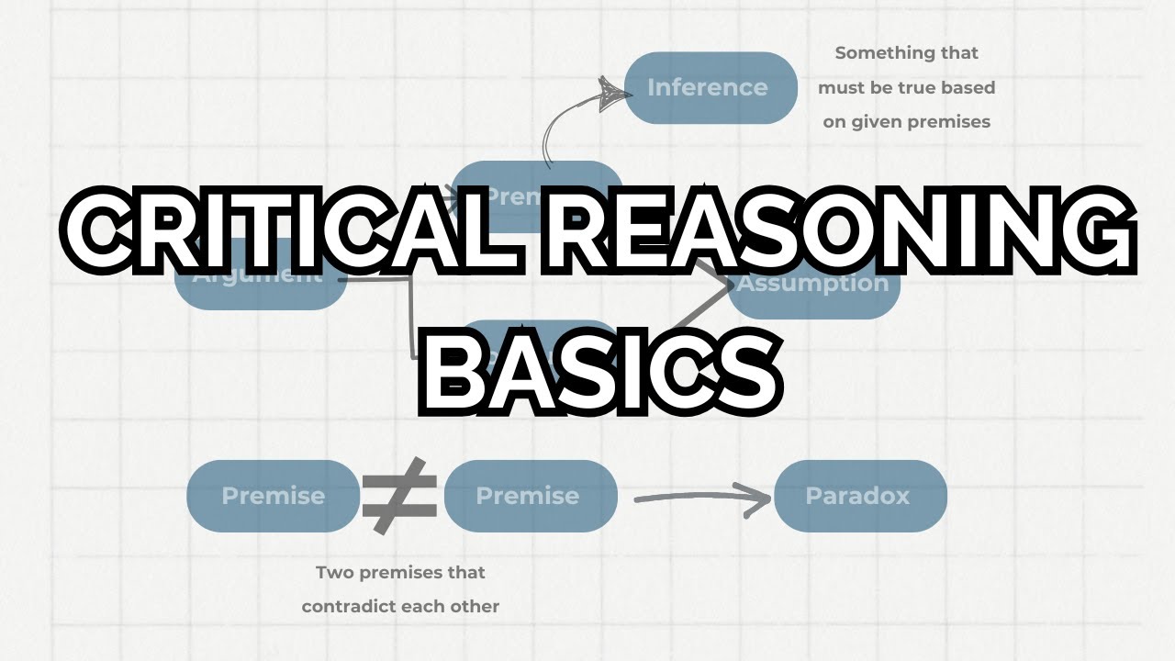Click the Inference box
click(x=710, y=88)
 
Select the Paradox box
click(x=859, y=496)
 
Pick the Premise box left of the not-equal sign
click(x=273, y=496)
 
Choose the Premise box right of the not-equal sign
click(x=529, y=496)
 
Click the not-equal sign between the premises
click(x=399, y=496)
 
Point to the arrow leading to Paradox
click(x=702, y=499)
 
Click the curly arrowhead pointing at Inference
click(x=608, y=93)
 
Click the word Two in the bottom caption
click(x=333, y=573)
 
